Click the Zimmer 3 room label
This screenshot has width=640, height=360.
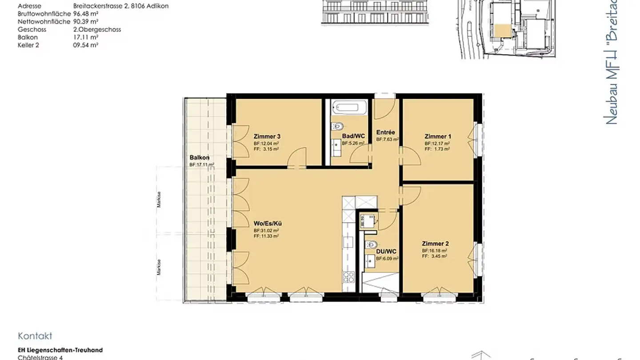pos(267,136)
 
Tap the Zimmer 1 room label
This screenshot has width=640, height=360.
pos(437,136)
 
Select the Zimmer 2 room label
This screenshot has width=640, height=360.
pos(435,244)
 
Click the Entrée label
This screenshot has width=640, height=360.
pos(385,132)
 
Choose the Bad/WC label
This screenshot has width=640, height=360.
pos(353,136)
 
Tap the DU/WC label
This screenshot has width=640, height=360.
pos(386,252)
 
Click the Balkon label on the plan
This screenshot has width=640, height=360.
pos(200,158)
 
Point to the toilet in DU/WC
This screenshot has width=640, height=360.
pos(372,244)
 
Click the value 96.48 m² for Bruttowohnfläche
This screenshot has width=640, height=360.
pos(86,14)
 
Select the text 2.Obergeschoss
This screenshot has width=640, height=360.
pos(97,29)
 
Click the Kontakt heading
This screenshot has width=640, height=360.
pos(35,336)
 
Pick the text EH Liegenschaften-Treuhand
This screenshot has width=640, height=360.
pos(60,350)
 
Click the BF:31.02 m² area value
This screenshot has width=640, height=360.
pos(266,231)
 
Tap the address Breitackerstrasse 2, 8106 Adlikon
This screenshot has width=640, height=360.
pos(120,6)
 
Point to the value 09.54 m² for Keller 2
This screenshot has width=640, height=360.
pos(86,45)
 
